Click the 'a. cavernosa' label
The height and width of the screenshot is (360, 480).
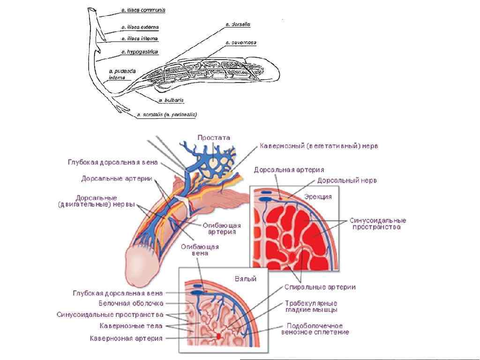pos(240,43)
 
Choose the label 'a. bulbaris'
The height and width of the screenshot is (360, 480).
pos(171,100)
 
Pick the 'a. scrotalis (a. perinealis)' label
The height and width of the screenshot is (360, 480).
pos(166,114)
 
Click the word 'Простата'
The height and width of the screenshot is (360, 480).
pos(214,137)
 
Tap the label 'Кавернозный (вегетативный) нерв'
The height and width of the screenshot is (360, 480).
pos(319,146)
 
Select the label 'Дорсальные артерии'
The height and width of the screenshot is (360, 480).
pos(115,179)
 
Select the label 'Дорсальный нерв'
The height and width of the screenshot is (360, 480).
pos(347,180)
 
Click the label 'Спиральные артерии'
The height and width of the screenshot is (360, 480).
pos(320,287)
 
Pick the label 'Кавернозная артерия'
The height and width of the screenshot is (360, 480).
pos(126,337)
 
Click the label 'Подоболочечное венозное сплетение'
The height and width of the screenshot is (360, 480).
pos(315,329)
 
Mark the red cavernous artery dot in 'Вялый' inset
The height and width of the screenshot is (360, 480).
pos(218,337)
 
